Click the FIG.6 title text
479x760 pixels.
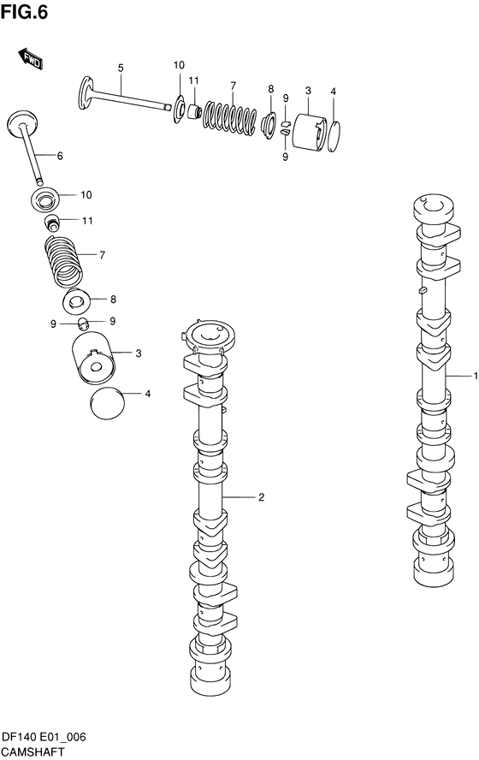coord(24,12)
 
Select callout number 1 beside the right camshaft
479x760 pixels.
coord(476,376)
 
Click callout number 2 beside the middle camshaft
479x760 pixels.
coord(261,497)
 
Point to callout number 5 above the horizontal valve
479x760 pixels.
coord(121,68)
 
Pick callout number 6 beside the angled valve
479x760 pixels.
coord(60,156)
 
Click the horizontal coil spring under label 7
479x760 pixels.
coord(229,116)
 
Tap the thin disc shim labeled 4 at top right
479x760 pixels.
coord(334,136)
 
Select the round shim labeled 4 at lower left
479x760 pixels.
coord(108,403)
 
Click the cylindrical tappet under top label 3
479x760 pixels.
coord(310,131)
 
